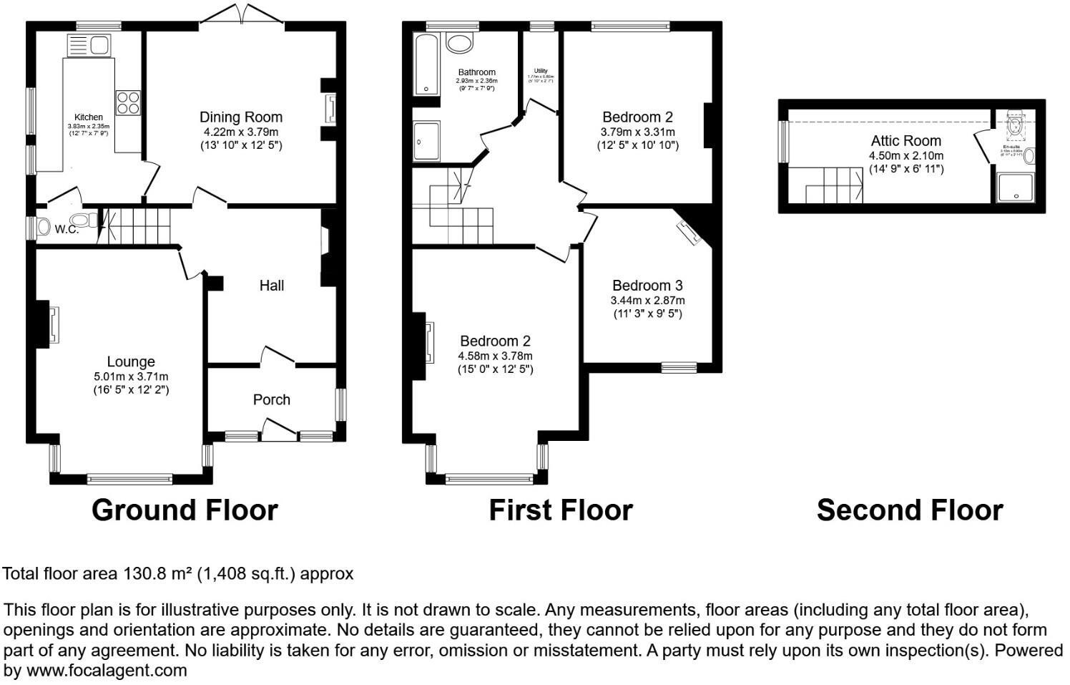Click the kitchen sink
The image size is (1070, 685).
tap(88, 46)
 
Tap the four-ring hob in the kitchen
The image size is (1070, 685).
tap(128, 102)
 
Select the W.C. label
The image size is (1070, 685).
tap(67, 229)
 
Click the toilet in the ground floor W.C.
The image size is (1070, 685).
tap(86, 220)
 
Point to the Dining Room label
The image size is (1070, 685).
tap(240, 117)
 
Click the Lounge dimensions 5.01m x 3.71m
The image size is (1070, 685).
tap(131, 376)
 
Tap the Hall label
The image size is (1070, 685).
tap(272, 286)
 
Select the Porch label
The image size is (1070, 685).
tap(272, 399)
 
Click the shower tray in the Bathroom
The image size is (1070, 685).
tap(426, 140)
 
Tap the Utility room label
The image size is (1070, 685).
tap(541, 71)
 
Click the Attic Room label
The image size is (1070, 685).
tap(905, 141)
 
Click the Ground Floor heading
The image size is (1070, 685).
tap(185, 510)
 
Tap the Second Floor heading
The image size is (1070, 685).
tap(910, 510)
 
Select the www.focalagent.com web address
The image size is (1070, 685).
tap(106, 671)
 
